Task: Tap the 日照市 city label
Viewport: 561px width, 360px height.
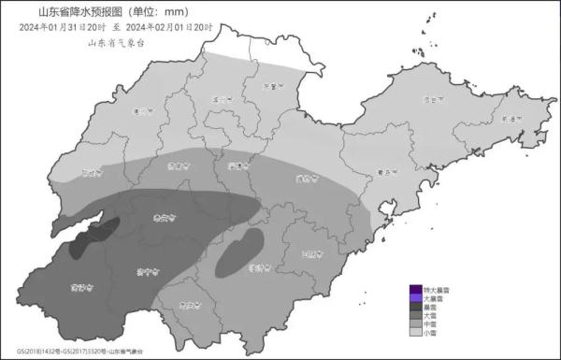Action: (x=312, y=253)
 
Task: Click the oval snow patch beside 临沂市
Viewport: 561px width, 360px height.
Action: (x=239, y=252)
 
